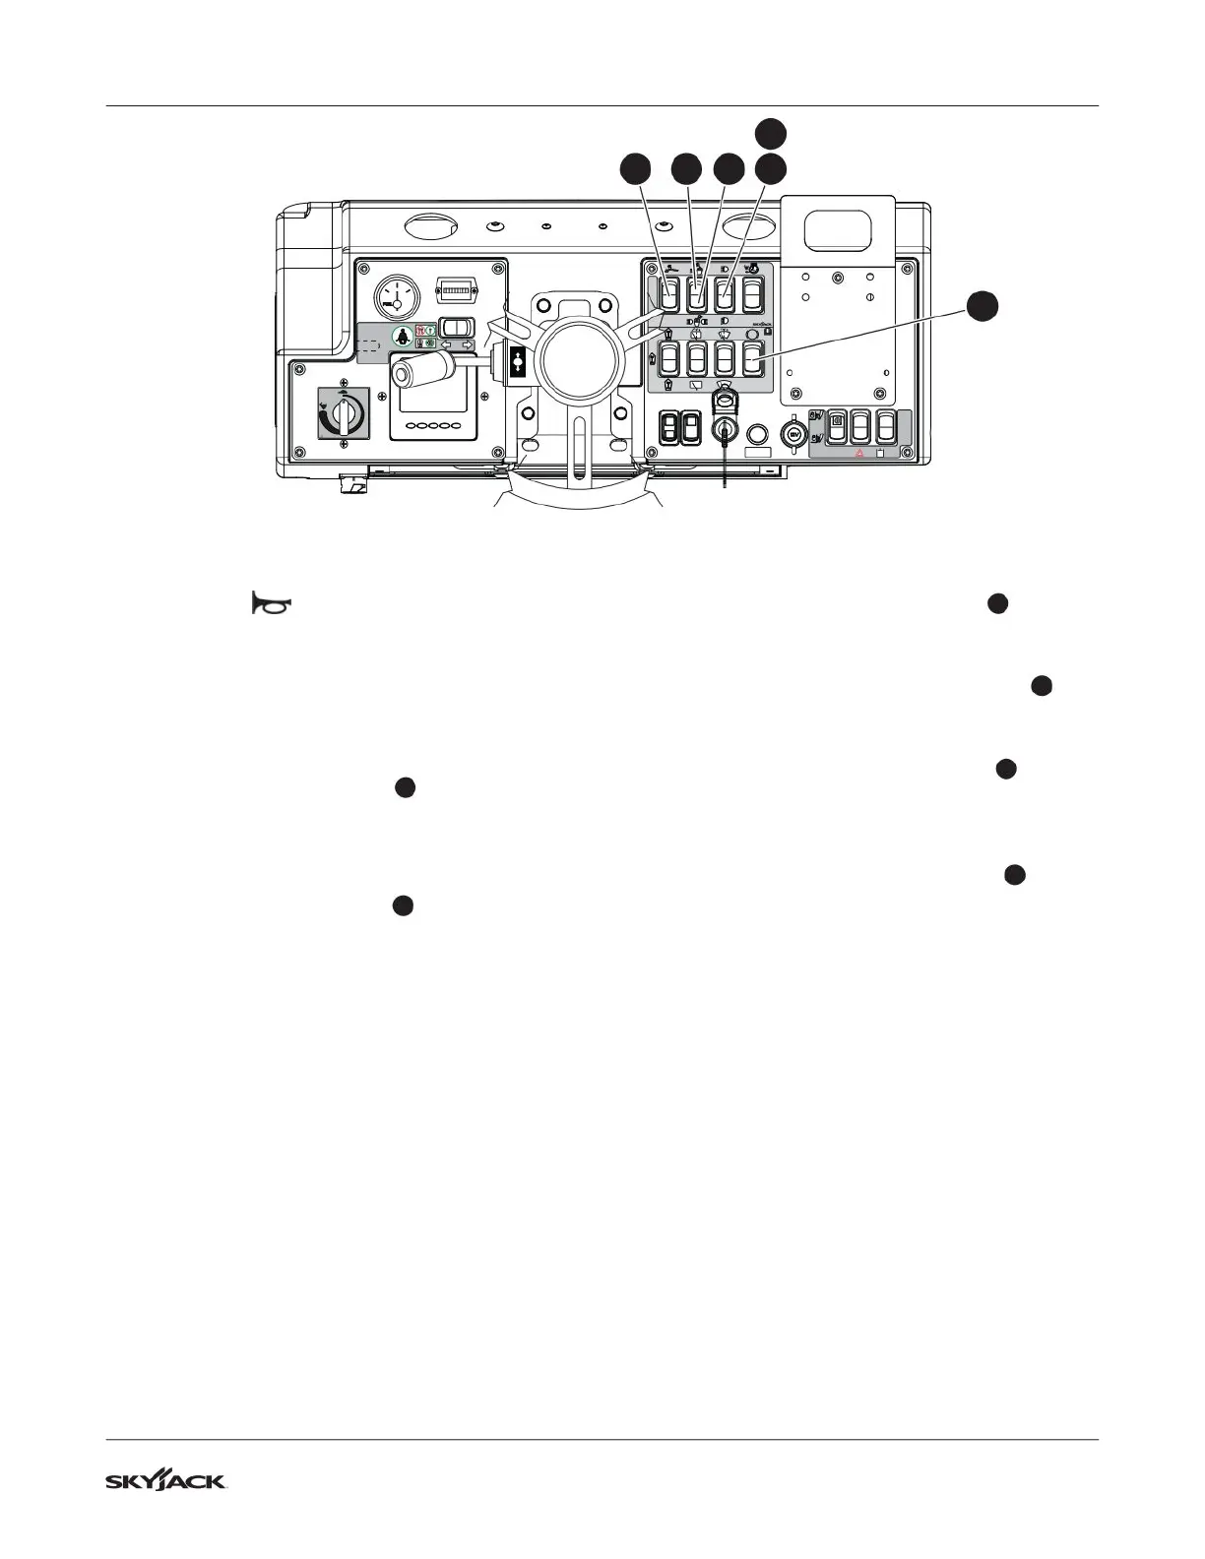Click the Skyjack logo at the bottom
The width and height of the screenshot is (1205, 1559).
(166, 1481)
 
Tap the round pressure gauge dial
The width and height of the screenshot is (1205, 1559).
(396, 294)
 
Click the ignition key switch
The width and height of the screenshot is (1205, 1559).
(725, 430)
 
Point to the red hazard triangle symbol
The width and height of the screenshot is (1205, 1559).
(859, 453)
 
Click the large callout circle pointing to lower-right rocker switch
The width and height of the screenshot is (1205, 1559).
(981, 306)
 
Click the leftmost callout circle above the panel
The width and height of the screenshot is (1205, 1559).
(636, 169)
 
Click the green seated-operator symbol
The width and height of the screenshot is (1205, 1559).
(402, 336)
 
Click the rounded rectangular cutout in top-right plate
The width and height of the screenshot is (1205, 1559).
(838, 230)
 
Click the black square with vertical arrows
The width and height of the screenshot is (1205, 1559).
(519, 361)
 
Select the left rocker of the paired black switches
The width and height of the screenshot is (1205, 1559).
(669, 425)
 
